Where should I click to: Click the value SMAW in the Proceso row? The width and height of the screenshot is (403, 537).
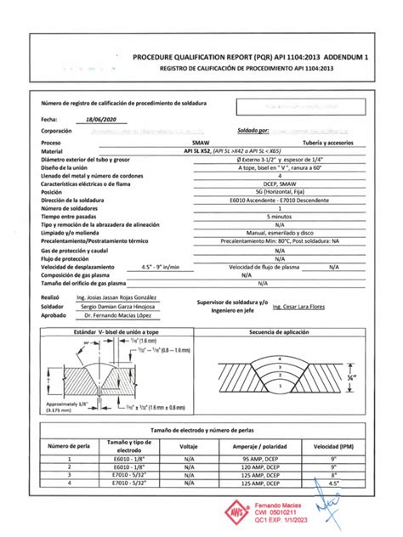click(202, 144)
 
